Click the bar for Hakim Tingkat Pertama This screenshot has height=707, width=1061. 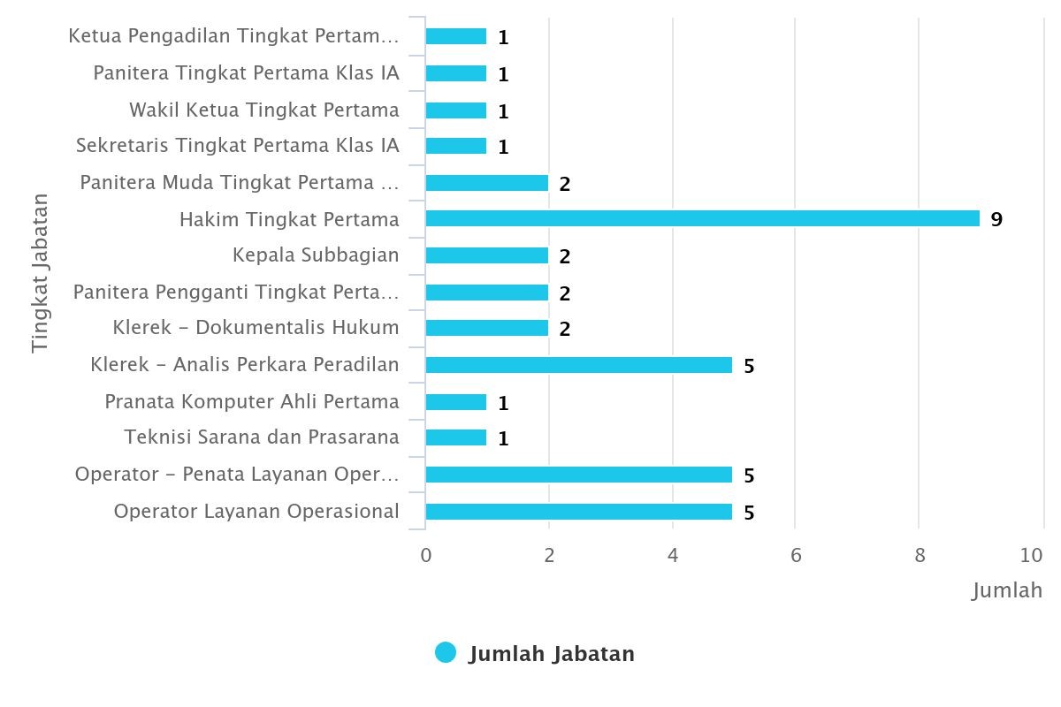[x=702, y=218]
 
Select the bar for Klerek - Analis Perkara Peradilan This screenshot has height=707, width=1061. [x=578, y=365]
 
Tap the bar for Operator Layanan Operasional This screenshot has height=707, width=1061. [x=578, y=512]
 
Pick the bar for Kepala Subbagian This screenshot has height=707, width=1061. [x=486, y=255]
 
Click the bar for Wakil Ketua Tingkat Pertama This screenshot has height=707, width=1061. [x=455, y=110]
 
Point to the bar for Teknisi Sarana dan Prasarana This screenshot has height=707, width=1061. [x=455, y=437]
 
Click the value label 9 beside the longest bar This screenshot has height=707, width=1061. [x=996, y=219]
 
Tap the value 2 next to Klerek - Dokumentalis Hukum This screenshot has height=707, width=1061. [x=565, y=330]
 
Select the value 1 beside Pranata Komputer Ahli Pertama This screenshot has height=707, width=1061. [x=503, y=403]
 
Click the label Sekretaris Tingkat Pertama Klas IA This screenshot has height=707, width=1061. [x=238, y=145]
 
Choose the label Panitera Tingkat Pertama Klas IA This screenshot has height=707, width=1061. [x=247, y=72]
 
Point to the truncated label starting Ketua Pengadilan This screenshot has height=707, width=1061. [x=234, y=36]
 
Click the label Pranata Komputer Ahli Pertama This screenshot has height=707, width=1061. [x=252, y=401]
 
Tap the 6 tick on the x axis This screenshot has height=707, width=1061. [x=796, y=555]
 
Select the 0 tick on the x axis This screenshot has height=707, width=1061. [x=426, y=555]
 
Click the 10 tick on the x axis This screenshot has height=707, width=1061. [x=1031, y=555]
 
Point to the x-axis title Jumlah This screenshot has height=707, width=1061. [x=1007, y=590]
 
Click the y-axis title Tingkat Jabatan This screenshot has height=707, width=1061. [x=40, y=273]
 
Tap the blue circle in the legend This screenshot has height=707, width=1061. [x=446, y=653]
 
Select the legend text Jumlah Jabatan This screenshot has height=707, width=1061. [x=552, y=654]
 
